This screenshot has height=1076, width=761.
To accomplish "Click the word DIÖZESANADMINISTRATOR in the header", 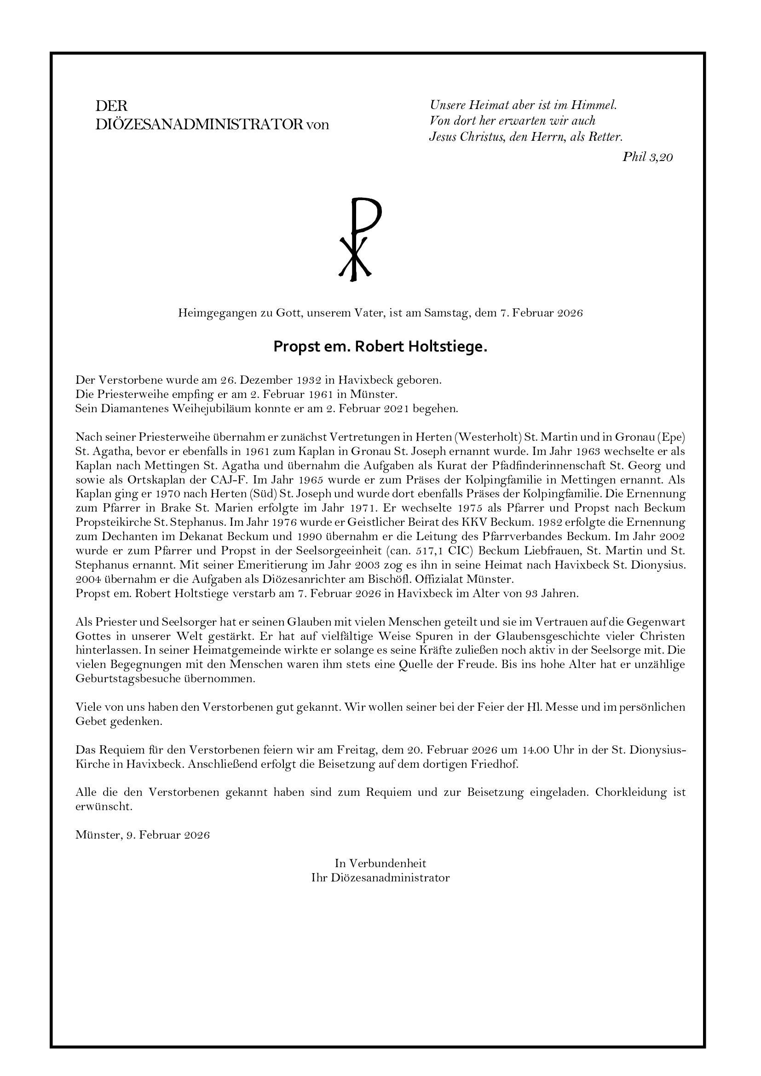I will (x=199, y=125).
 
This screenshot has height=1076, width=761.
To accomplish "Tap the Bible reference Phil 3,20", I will (x=647, y=157).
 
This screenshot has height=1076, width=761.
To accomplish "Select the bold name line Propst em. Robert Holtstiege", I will (x=380, y=347).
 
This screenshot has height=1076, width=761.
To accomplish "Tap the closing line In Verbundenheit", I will (x=380, y=863).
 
